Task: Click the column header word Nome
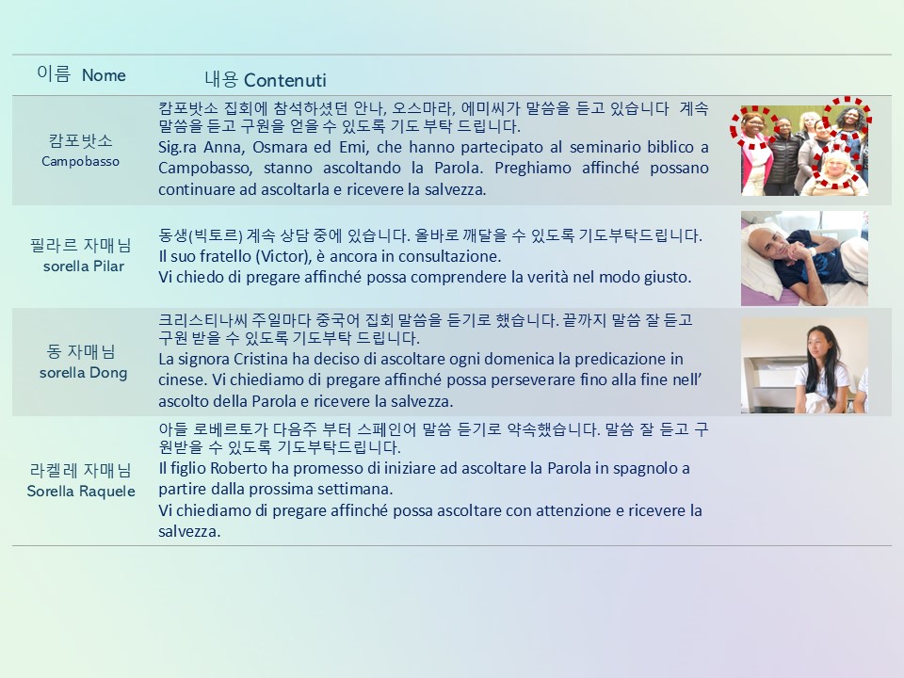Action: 104,75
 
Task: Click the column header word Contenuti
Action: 284,80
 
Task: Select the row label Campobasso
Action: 80,161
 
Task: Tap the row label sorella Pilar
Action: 84,266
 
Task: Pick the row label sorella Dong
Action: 83,373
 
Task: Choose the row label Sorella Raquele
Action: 81,492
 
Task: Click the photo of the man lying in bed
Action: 804,258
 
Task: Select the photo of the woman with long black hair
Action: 804,365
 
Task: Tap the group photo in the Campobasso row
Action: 804,151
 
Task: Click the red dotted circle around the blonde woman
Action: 814,168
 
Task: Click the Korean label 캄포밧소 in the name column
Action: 80,140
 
